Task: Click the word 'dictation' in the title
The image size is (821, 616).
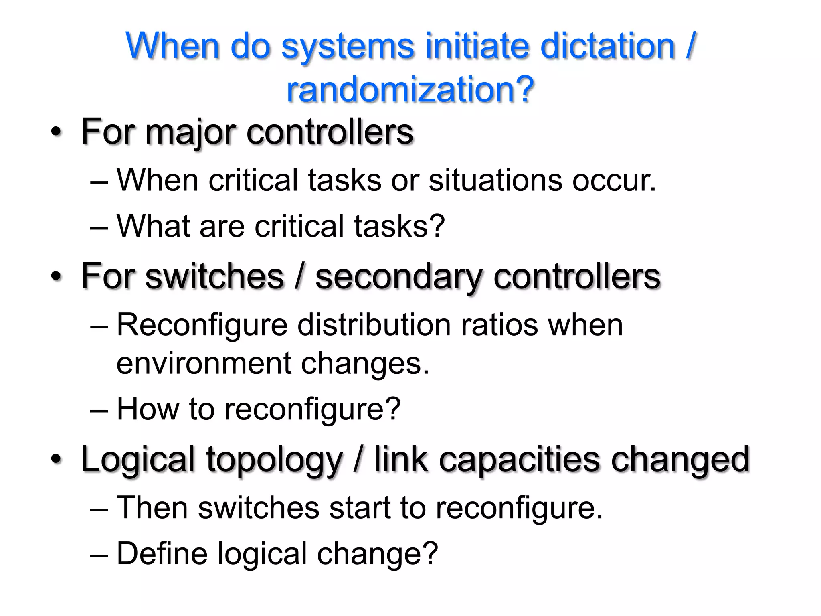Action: (x=607, y=46)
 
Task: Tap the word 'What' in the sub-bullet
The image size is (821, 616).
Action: (x=153, y=226)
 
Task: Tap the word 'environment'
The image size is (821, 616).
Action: (x=204, y=363)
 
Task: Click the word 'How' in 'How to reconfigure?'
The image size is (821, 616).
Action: (x=148, y=409)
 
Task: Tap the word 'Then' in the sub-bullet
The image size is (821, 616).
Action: (x=152, y=508)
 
